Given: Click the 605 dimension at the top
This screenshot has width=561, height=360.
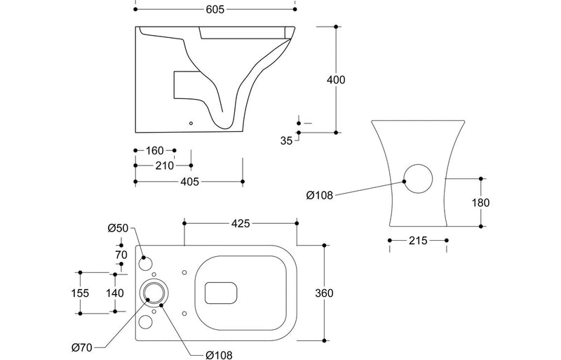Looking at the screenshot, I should pos(215,10).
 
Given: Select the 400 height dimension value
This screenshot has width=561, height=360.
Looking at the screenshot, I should pos(337,80).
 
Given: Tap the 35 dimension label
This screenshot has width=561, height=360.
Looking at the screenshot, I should pos(286,140).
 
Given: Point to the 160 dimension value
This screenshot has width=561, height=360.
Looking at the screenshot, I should pos(155,150).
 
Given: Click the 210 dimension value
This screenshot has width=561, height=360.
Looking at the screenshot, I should pos(163,166).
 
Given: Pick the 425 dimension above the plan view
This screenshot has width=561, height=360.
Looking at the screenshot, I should pos(241,224).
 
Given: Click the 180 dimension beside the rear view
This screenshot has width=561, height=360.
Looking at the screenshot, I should pos(480,202).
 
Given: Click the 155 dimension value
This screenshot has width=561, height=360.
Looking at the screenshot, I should pos(80,293).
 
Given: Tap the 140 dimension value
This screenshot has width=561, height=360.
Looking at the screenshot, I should pos(115,293).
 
